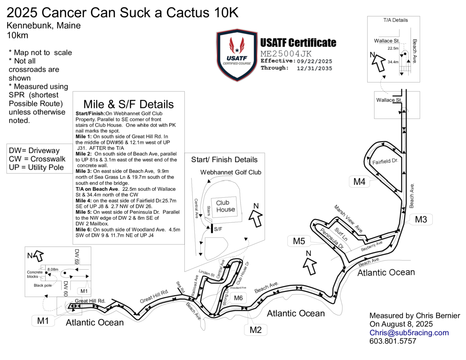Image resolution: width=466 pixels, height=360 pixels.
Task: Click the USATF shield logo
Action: [237, 55]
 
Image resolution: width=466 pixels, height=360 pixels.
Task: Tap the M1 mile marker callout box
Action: [43, 320]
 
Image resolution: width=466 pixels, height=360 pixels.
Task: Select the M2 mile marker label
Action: [255, 330]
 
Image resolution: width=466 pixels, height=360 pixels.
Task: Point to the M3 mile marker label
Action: [421, 219]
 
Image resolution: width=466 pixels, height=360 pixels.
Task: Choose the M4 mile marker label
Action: [359, 182]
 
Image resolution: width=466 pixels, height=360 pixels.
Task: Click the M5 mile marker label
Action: [299, 241]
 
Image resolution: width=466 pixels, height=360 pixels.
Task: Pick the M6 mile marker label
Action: [238, 298]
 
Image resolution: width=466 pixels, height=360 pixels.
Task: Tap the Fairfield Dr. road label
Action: [385, 161]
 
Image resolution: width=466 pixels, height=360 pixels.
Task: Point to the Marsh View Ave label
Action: [348, 219]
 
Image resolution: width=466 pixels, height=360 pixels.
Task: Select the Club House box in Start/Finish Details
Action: [225, 206]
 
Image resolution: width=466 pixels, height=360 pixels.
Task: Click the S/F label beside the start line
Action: [218, 229]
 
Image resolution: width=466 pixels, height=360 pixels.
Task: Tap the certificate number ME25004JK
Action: [286, 54]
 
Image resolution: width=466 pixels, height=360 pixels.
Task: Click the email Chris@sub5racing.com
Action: [409, 333]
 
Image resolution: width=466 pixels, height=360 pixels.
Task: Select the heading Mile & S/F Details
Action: [129, 104]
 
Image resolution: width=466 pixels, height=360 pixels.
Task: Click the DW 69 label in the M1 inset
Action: [77, 256]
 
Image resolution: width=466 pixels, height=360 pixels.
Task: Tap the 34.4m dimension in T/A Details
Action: [393, 62]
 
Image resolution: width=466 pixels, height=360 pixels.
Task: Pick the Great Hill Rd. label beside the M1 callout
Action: [90, 301]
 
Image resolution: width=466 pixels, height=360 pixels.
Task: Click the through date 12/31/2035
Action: [314, 68]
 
